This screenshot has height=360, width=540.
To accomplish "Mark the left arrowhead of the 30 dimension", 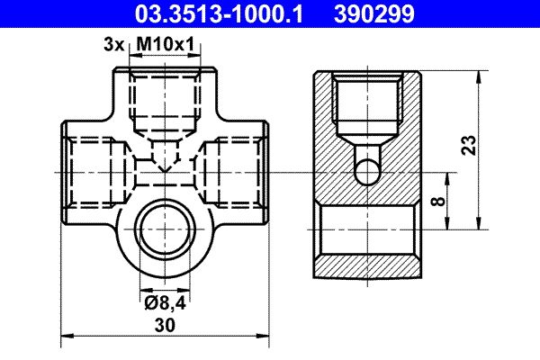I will point(65,337).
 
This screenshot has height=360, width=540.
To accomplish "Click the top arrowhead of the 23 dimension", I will point(477,75).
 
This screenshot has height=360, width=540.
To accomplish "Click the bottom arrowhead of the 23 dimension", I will point(477,229).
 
